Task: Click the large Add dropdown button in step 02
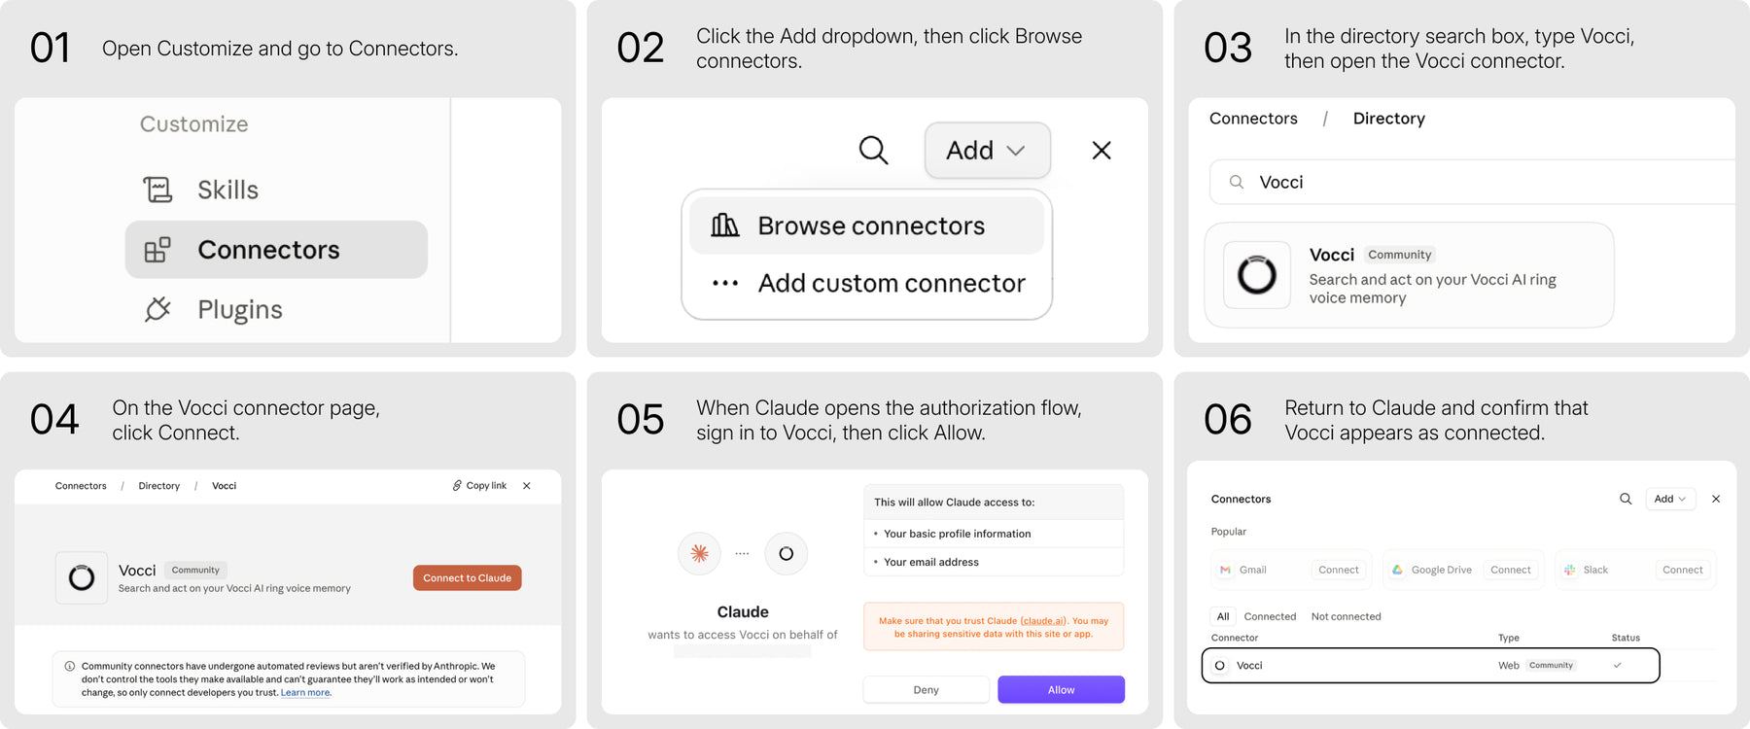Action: coord(987,150)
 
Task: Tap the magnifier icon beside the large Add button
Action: coord(873,150)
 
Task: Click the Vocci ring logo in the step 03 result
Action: coord(1256,275)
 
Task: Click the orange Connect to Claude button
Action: coord(467,577)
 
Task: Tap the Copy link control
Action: coord(479,485)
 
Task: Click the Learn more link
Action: coord(305,692)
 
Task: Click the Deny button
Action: coord(926,689)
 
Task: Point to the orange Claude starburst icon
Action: coord(699,553)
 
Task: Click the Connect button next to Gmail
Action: coord(1338,570)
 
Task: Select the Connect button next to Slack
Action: coord(1682,570)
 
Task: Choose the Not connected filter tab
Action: coord(1346,616)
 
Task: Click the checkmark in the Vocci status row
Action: coord(1617,666)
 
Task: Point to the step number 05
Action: coord(640,420)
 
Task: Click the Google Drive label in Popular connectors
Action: coord(1441,570)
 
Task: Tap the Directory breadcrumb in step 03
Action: coord(1388,119)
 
